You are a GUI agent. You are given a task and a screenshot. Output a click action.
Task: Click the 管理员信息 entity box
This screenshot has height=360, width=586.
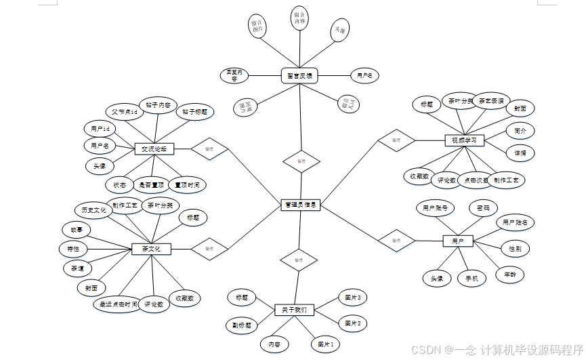300,205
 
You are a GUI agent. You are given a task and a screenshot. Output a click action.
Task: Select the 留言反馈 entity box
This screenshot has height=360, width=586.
299,77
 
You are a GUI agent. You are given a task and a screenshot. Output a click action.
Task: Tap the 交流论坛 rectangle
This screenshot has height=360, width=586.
154,148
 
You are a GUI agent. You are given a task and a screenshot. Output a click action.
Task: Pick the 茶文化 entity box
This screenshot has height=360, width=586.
151,249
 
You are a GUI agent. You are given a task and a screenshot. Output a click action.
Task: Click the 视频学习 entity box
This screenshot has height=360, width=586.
465,140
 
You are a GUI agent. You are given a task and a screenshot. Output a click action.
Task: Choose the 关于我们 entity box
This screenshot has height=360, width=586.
294,310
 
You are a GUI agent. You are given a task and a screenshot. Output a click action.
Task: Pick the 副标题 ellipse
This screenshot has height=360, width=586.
242,325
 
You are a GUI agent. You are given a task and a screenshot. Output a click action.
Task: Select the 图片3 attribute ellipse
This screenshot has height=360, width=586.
352,298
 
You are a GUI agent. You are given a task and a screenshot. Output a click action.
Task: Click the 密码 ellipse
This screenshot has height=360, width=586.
483,208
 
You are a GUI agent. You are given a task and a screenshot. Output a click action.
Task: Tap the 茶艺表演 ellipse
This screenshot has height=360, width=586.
491,101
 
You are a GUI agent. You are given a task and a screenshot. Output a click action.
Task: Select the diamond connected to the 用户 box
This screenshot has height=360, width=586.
396,239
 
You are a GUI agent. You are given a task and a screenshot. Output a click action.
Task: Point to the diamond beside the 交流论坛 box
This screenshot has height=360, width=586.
210,148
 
